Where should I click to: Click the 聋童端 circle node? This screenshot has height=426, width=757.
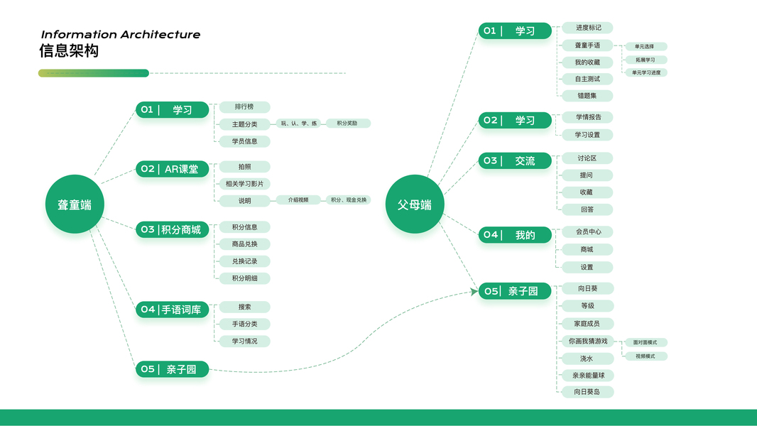click(x=75, y=204)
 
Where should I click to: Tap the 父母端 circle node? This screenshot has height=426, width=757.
click(x=414, y=204)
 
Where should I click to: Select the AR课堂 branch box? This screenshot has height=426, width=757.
click(x=173, y=169)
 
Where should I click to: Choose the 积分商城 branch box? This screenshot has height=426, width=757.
click(x=173, y=229)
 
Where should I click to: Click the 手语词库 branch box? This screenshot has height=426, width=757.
click(x=173, y=310)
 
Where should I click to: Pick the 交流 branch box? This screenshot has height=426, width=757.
click(x=515, y=161)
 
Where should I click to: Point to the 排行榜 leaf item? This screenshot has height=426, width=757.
click(x=244, y=107)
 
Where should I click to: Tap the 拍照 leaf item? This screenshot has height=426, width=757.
click(x=244, y=167)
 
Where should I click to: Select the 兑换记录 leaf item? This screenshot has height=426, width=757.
click(x=244, y=261)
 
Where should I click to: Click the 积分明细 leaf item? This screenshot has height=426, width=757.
click(x=244, y=278)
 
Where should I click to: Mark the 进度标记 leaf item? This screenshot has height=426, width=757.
click(x=587, y=28)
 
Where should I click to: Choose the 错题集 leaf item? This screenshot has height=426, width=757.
click(x=587, y=96)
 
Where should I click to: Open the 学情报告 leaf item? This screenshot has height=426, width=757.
click(x=587, y=117)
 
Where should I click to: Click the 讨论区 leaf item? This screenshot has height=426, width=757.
click(x=587, y=158)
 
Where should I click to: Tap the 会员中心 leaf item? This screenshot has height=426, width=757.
click(x=587, y=232)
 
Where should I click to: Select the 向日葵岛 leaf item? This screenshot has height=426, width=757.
click(x=587, y=392)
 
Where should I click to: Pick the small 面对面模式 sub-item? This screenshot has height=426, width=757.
click(x=646, y=342)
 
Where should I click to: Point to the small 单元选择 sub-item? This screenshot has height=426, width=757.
click(x=646, y=47)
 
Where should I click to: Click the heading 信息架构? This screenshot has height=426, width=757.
click(x=69, y=51)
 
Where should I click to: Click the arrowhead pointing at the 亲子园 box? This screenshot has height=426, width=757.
click(x=474, y=291)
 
